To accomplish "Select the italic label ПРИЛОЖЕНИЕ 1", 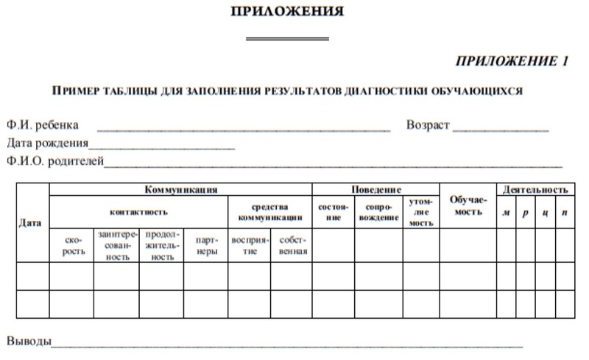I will (x=512, y=61).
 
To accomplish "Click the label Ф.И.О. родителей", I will (x=54, y=160).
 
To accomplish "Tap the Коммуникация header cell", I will (x=180, y=189).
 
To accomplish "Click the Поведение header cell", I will (x=375, y=189).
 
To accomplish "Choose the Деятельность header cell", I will (x=535, y=189).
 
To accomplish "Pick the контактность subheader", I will (x=138, y=212).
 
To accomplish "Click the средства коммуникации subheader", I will (x=270, y=212).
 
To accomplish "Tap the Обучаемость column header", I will (x=468, y=206).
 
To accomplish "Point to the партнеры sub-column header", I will (x=206, y=245).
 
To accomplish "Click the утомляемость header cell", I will (x=421, y=212).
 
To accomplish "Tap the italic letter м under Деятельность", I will (x=506, y=213).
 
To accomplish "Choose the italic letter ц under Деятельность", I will (x=545, y=213).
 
